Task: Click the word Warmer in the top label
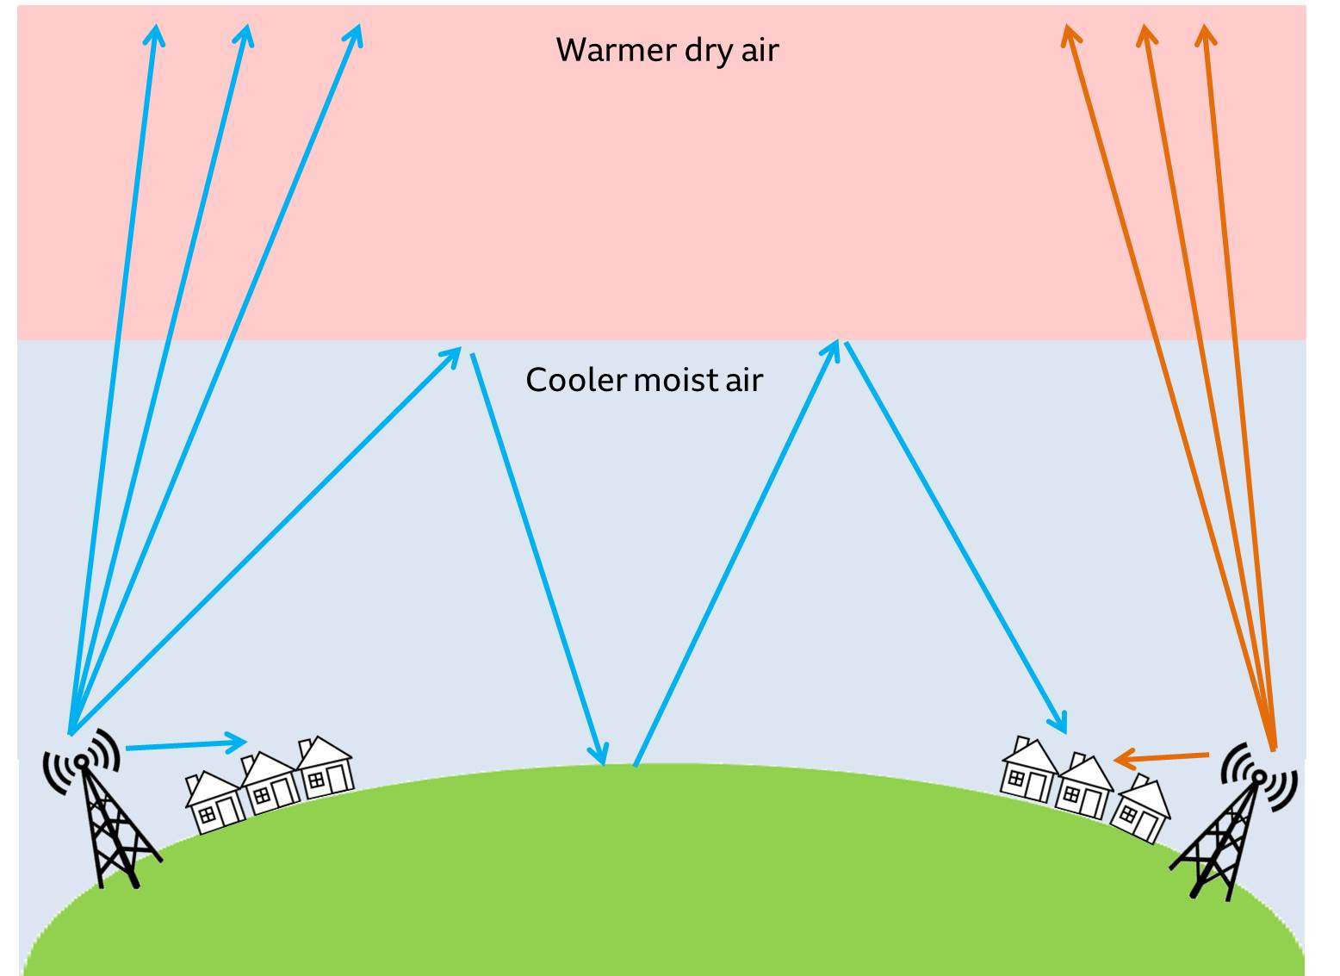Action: coord(616,50)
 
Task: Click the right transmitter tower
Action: coord(1233,832)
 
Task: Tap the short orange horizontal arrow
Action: coord(1161,758)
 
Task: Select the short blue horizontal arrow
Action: coord(186,744)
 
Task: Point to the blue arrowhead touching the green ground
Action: coord(600,753)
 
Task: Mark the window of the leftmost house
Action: coord(207,815)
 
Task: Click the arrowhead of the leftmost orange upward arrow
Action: coord(1070,34)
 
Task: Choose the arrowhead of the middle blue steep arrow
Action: coord(245,34)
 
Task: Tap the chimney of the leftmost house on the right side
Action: coord(1022,743)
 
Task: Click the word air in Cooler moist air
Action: coord(745,380)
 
